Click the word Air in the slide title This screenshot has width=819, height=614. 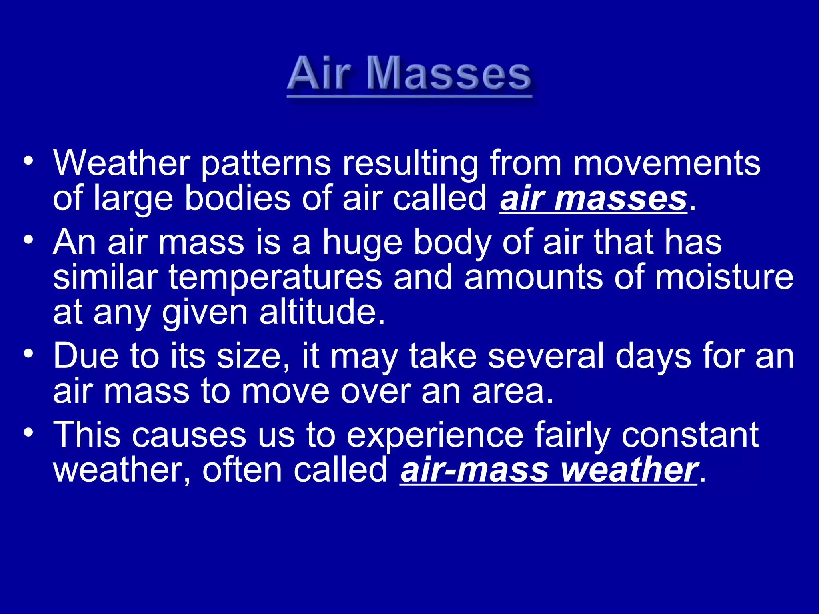click(319, 74)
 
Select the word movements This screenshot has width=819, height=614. click(667, 163)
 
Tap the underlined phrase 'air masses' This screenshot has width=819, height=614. click(593, 199)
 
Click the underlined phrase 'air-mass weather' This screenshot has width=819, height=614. click(548, 470)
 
